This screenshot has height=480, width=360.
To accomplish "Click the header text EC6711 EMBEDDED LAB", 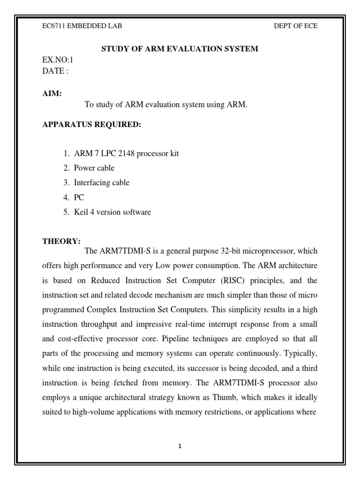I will coord(82,26).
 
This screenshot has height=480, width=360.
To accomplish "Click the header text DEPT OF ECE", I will coord(295,26).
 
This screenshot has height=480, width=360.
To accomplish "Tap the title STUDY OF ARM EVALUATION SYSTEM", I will coord(180,49).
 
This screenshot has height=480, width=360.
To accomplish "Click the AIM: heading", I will coord(52,94).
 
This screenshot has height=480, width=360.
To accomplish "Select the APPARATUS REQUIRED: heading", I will coord(85,125).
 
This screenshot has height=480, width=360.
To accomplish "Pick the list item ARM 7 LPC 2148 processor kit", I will coord(126,154).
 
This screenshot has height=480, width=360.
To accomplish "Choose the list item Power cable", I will coord(94,168).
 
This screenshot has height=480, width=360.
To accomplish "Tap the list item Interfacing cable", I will coord(101,182).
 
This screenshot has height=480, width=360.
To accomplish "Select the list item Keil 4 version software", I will coord(112,212).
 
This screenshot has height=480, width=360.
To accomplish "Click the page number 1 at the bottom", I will coord(180,446).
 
